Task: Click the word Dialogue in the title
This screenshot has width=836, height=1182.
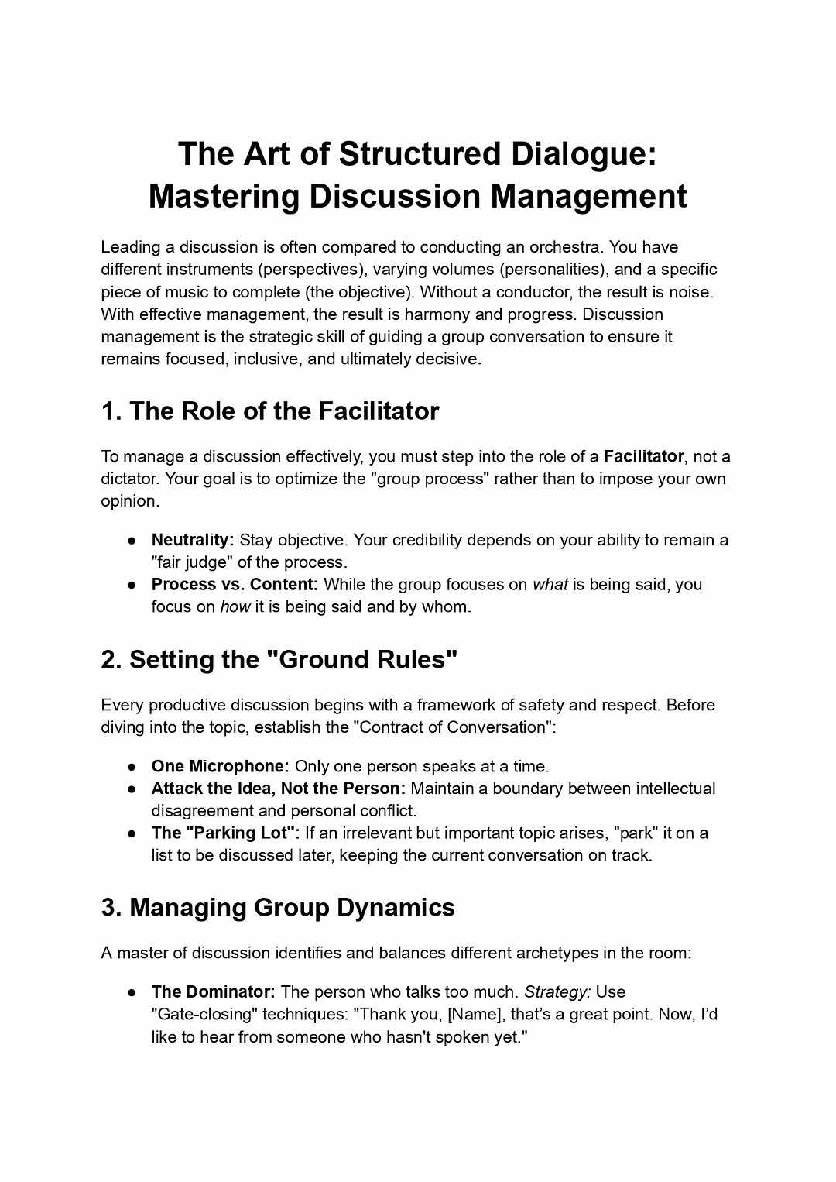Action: (582, 153)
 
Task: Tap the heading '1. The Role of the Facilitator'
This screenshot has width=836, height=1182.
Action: (270, 411)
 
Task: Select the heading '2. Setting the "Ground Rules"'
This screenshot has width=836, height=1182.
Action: (279, 659)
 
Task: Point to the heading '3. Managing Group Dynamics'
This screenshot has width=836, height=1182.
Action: (278, 907)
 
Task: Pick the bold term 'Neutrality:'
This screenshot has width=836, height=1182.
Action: (193, 540)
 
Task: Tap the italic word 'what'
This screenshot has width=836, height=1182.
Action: (550, 584)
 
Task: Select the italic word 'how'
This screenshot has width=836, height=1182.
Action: (235, 606)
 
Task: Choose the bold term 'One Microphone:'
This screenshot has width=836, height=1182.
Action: (220, 766)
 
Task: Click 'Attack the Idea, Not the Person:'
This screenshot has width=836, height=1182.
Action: (278, 789)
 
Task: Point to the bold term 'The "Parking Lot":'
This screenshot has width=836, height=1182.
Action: (225, 833)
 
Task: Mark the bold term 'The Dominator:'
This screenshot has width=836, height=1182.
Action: (213, 991)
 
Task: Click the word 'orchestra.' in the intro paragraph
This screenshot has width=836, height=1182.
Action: (567, 247)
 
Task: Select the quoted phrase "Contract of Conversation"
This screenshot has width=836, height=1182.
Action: (453, 727)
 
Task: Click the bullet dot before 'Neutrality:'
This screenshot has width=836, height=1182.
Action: (133, 541)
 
